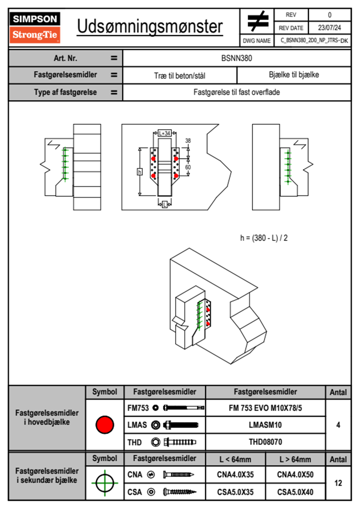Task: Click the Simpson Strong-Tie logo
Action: pos(35,27)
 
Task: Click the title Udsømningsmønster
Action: pos(150,27)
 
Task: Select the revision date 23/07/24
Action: pos(329,28)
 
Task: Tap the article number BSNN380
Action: pos(237,58)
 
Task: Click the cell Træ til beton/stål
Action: pos(180,76)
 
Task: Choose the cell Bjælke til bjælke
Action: pos(294,75)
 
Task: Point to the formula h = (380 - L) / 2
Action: pos(264,238)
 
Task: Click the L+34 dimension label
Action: pos(165,133)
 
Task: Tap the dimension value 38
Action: pos(188,141)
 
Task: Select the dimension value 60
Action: pos(188,167)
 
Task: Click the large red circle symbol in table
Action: pos(105,425)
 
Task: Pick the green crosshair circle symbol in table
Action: pos(105,483)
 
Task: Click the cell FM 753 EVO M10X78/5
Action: pos(265,408)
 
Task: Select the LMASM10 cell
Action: pos(265,425)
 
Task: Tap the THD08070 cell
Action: pos(265,442)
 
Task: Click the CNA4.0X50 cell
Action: pos(295,475)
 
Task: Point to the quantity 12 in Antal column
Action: pos(338,483)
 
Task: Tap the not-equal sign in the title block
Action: pos(257,21)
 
